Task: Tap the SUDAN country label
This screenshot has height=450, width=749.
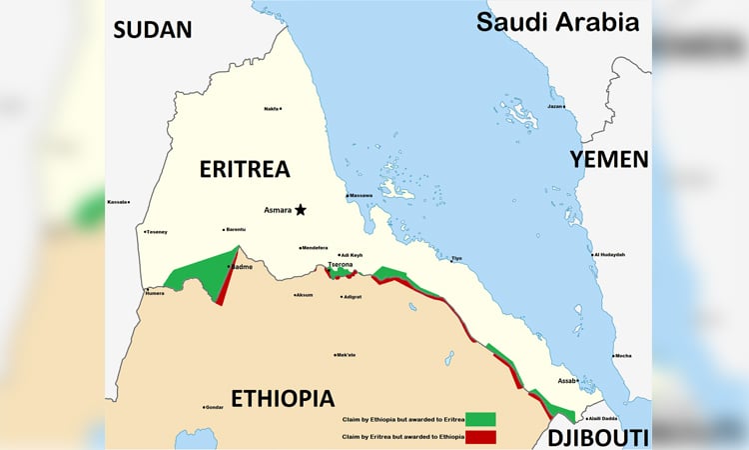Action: tap(152, 29)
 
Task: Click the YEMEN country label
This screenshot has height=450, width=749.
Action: tap(608, 158)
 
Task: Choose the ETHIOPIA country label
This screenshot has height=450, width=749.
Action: tap(283, 398)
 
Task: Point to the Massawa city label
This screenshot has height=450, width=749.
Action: tap(361, 195)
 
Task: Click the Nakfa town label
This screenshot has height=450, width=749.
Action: tap(271, 109)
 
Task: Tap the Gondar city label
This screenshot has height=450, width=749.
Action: tap(214, 407)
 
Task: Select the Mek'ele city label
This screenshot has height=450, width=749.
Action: tap(346, 355)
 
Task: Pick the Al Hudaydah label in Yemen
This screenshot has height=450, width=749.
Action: tap(609, 255)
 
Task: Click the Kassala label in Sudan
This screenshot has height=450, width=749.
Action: tap(118, 202)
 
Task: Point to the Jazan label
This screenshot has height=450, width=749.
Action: tap(556, 106)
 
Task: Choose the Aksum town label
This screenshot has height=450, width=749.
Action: tap(304, 295)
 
